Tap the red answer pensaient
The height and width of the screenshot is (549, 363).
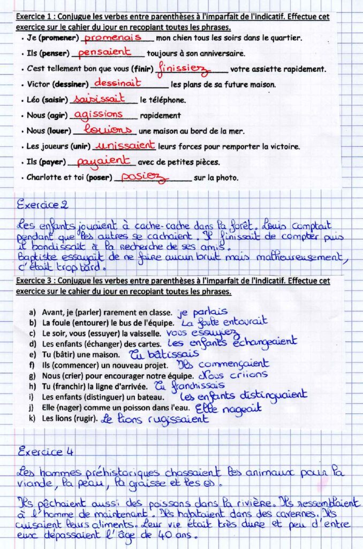[104, 53]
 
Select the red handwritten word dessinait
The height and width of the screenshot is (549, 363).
[117, 83]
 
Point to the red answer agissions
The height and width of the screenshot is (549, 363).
[98, 114]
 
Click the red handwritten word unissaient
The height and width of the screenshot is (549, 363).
[124, 145]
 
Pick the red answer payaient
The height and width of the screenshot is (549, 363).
[103, 160]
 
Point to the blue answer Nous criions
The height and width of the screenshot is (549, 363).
[233, 375]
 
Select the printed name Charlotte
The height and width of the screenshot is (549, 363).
[43, 177]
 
